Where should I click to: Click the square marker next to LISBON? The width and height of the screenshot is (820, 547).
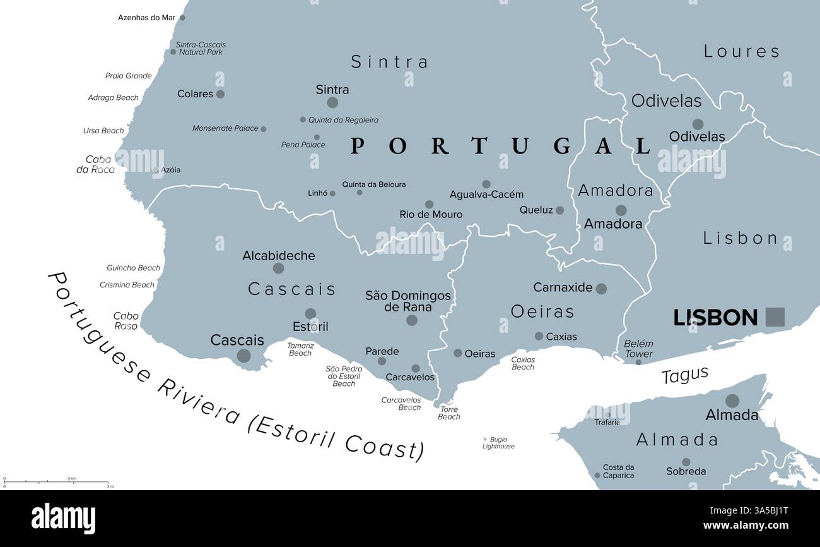click(x=775, y=317)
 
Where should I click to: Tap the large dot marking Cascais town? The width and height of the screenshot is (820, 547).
click(x=243, y=356)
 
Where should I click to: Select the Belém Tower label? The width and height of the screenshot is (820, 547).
click(x=638, y=349)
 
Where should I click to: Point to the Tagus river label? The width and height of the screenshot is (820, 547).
click(x=684, y=375)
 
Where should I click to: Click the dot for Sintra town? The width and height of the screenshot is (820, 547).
click(x=332, y=102)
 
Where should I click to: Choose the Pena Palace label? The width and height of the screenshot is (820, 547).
click(x=303, y=145)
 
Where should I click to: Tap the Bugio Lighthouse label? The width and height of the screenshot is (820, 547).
click(x=498, y=443)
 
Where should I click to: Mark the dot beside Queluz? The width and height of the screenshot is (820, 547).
click(x=559, y=210)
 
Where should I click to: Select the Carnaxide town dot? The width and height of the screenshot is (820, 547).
click(x=601, y=289)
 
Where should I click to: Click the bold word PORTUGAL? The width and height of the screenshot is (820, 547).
click(x=500, y=146)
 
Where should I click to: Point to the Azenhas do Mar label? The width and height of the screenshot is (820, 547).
click(x=146, y=18)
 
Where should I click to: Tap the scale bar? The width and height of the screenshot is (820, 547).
click(x=56, y=482)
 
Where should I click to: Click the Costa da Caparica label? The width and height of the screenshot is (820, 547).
click(x=618, y=471)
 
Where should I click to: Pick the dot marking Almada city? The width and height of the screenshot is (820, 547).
click(x=732, y=400)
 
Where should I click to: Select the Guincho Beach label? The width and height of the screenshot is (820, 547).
click(x=133, y=268)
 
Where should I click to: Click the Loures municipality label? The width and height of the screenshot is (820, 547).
click(x=742, y=51)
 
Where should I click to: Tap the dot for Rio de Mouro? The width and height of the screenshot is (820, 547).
click(x=429, y=205)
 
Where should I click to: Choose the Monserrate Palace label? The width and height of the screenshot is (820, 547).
click(x=225, y=128)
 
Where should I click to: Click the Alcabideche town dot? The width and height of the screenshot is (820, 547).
click(x=278, y=268)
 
